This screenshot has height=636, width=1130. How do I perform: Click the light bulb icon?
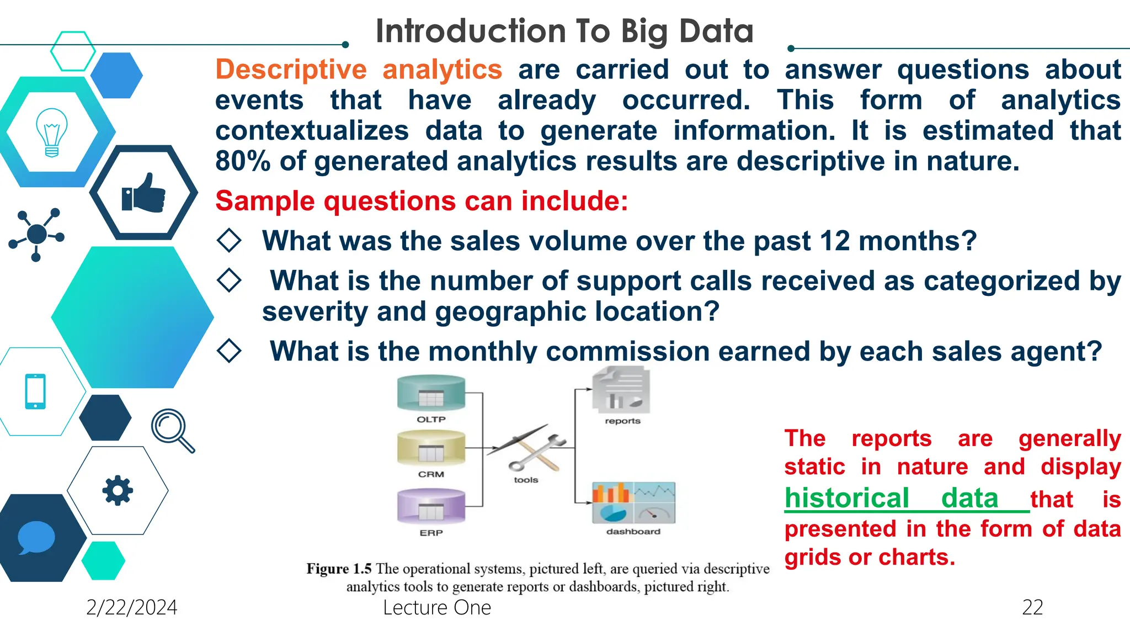tap(51, 132)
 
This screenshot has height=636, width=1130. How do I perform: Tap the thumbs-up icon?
tap(143, 193)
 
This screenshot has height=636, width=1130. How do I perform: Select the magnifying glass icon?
tap(172, 430)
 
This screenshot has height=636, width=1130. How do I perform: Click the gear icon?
tap(118, 490)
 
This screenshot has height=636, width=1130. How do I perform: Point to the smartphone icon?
tap(35, 391)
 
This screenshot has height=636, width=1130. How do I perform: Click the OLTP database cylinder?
tap(431, 394)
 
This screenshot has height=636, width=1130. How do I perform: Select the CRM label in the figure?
tap(431, 474)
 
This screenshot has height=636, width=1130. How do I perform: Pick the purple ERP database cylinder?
tap(431, 506)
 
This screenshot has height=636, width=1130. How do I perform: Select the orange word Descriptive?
tap(291, 70)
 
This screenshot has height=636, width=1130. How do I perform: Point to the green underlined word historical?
tap(846, 498)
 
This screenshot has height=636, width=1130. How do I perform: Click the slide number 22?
tap(1032, 607)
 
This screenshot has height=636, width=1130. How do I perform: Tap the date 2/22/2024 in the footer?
tap(131, 607)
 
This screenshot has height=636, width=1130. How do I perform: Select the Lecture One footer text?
tap(436, 607)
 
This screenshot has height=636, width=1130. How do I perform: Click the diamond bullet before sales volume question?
tap(229, 241)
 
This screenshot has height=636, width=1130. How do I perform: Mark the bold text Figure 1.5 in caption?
tap(339, 569)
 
